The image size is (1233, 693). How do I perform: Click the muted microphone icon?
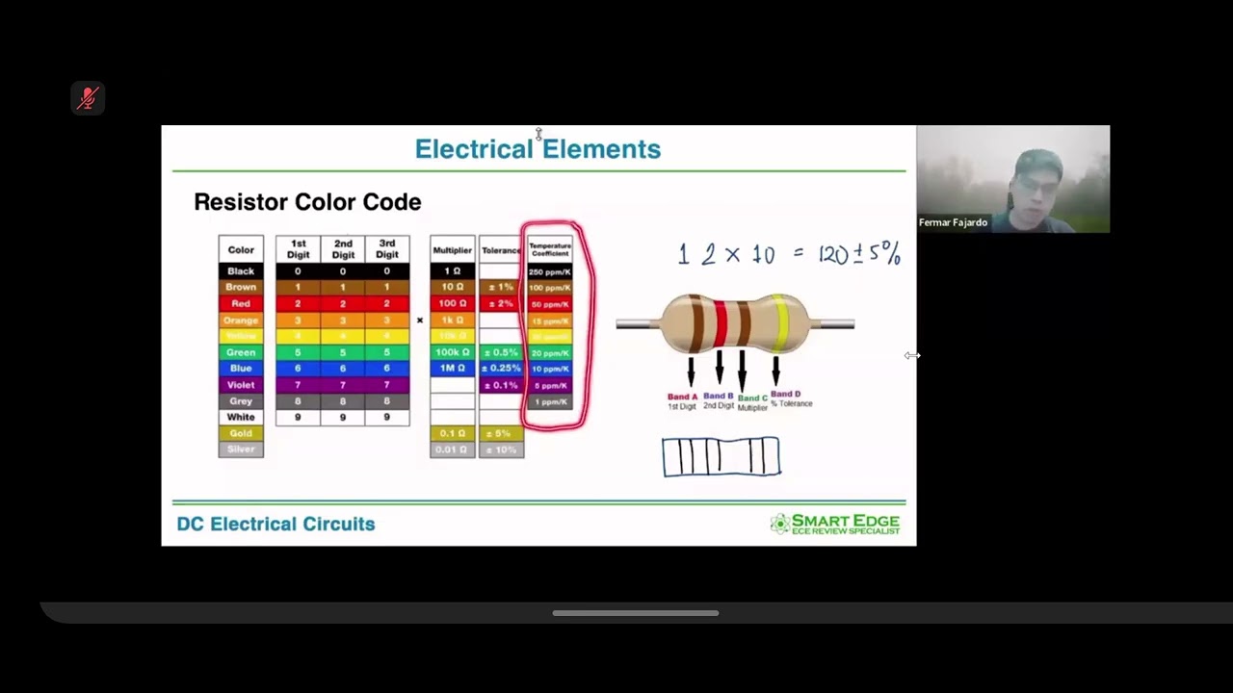pos(88,98)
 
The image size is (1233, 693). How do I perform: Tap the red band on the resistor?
pos(720,323)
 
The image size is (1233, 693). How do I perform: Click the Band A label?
pos(682,397)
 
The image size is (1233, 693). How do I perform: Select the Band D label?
pos(785,394)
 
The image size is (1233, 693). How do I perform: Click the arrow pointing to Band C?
pos(742,371)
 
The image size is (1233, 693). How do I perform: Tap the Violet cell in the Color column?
pos(241,385)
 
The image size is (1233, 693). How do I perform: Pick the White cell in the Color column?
pos(241,418)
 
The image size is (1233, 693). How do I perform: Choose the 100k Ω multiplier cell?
pos(452,352)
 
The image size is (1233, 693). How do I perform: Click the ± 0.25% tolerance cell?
pos(501,369)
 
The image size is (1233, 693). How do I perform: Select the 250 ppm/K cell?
pos(550,271)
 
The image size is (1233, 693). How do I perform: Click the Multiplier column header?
pos(452,250)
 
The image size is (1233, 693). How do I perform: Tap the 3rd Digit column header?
pos(387,249)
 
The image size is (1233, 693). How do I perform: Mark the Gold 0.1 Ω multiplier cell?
pos(452,433)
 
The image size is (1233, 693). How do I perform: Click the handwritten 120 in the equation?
pos(832,255)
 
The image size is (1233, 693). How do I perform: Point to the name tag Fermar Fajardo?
pos(953,222)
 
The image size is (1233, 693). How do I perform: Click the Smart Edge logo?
pos(835,524)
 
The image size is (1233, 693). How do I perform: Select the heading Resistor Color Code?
pos(307,202)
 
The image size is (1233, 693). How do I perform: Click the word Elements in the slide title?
pos(601,149)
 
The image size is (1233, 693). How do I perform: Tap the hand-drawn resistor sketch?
pos(721,456)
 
